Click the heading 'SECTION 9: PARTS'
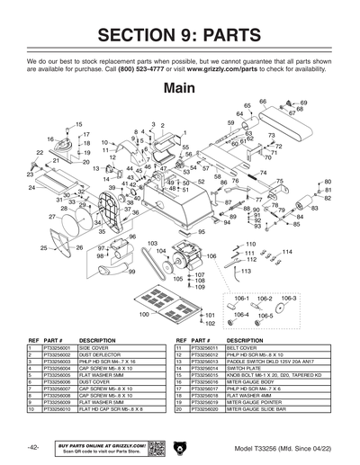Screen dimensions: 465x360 coord(180,35)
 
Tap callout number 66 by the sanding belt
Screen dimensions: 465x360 coord(263,102)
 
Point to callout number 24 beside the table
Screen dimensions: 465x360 coord(31,188)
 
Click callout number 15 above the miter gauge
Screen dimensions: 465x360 coord(78,123)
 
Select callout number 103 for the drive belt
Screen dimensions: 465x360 coord(152,244)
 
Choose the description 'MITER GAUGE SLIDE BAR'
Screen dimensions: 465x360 coord(257,408)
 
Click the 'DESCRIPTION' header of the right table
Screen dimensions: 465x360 coord(245,339)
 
